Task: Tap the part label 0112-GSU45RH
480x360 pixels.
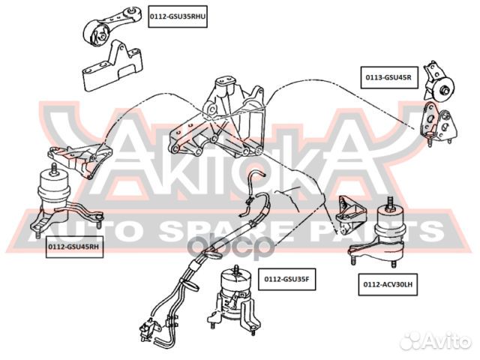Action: [x=73, y=247]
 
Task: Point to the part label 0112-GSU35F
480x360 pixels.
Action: [x=286, y=279]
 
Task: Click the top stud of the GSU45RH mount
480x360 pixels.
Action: [x=53, y=166]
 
